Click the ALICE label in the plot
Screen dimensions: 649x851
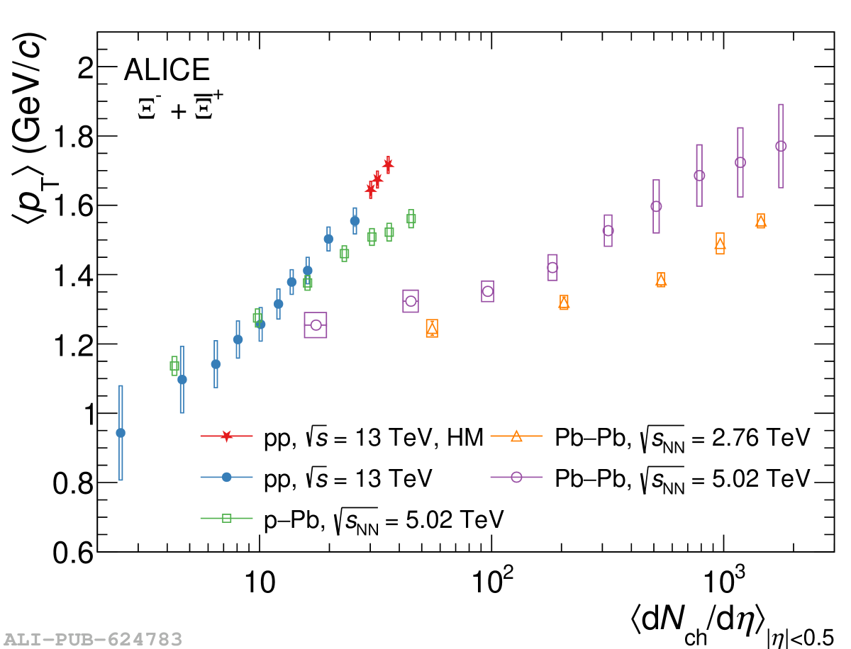point(167,70)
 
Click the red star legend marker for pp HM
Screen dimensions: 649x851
point(226,436)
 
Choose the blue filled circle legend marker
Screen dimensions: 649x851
point(227,477)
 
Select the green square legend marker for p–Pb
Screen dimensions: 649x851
point(227,518)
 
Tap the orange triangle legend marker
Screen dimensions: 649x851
point(516,436)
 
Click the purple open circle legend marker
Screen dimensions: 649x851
point(516,477)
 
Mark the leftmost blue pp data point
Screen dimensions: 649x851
point(121,433)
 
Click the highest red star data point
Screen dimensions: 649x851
point(387,164)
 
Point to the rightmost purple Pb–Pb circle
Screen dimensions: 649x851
point(781,146)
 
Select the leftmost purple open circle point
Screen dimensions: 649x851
point(316,325)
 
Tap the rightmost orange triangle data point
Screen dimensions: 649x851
point(761,221)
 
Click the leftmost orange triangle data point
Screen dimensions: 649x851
point(432,327)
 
